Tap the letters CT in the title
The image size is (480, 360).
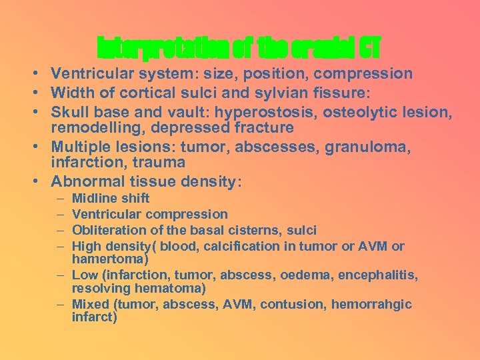point(369,47)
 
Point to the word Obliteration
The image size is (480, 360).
point(104,230)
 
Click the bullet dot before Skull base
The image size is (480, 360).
point(33,109)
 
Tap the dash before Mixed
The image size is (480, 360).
point(61,305)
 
